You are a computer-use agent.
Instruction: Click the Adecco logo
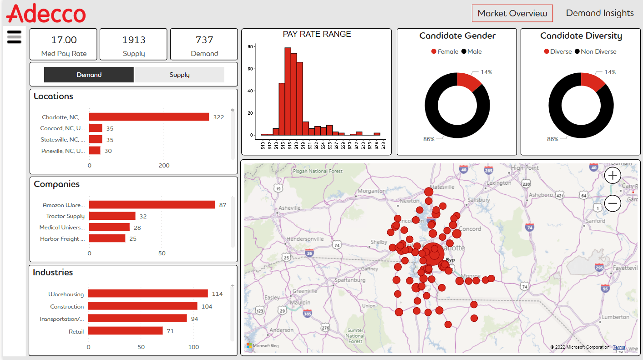(46, 13)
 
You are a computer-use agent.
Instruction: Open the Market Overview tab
(512, 14)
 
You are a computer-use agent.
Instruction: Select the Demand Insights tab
(599, 13)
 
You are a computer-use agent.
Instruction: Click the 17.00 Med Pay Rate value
(64, 40)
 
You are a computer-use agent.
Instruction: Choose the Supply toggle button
(179, 75)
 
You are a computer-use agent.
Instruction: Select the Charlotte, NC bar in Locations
(149, 117)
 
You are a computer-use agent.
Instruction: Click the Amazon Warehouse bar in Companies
(152, 205)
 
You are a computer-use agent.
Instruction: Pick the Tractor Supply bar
(112, 216)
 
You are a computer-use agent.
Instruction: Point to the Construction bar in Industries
(142, 306)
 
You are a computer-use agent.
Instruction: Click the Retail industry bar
(125, 331)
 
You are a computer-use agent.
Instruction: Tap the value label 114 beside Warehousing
(217, 294)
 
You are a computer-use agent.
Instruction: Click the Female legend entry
(445, 51)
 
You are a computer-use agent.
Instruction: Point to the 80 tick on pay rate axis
(250, 47)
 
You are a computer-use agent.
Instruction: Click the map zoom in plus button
(613, 175)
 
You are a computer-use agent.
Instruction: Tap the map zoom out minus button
(613, 203)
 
